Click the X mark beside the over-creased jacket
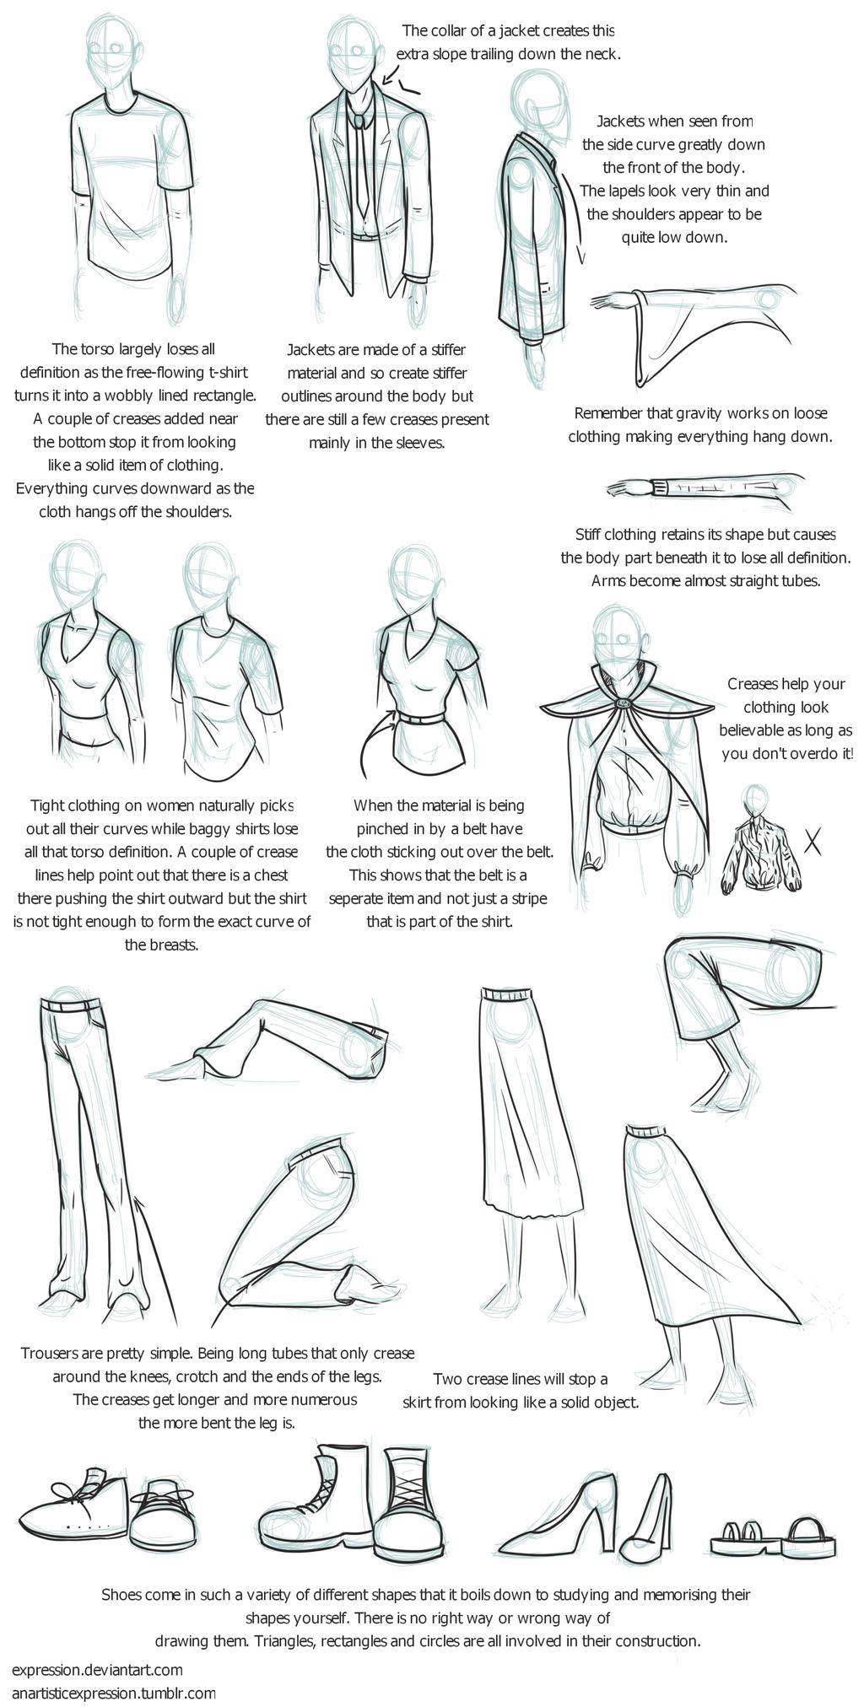[813, 840]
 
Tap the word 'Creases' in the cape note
[753, 684]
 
